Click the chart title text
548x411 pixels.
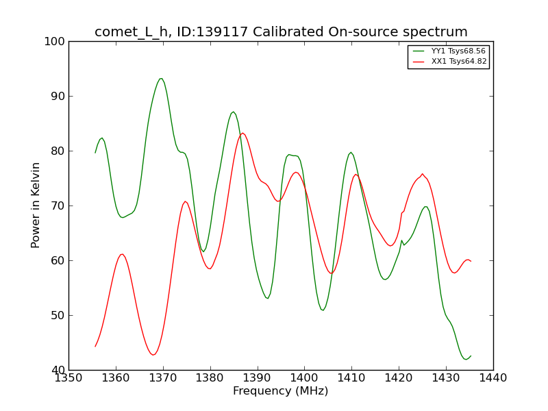(x=281, y=32)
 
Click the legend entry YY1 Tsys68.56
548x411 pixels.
(x=458, y=51)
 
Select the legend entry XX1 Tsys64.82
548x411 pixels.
(x=458, y=62)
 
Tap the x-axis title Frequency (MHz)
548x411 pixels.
(x=281, y=391)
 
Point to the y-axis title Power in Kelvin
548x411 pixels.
(x=36, y=206)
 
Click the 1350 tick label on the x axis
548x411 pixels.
(x=68, y=377)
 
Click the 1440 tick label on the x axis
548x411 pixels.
(x=493, y=377)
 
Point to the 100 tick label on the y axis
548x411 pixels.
(x=55, y=41)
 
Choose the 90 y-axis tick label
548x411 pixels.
(x=58, y=96)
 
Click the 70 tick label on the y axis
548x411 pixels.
(x=58, y=206)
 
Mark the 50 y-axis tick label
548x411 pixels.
(x=58, y=315)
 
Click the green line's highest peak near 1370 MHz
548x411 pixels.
(x=161, y=78)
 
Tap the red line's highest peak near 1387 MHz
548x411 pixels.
(x=242, y=133)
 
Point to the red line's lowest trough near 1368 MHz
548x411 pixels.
(x=153, y=355)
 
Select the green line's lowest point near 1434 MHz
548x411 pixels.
(x=466, y=359)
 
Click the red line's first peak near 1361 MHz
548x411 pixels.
(x=121, y=254)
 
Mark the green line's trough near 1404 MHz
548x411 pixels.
(x=323, y=310)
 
